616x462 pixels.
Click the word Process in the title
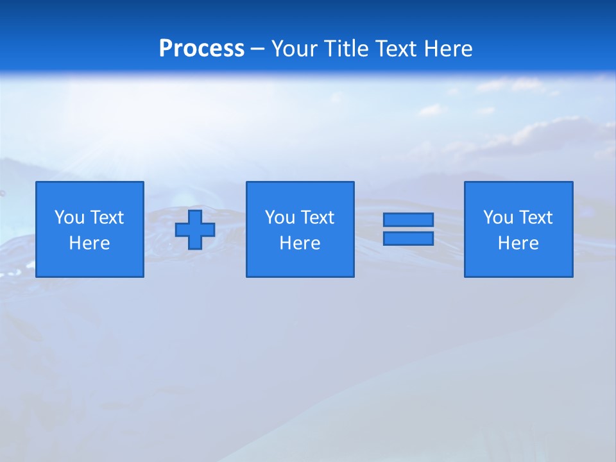coord(201,49)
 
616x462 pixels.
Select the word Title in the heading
coord(345,49)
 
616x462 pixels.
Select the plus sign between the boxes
coord(195,230)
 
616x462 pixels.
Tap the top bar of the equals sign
coord(408,220)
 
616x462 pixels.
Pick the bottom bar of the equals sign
coord(408,238)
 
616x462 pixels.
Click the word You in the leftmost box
coord(70,218)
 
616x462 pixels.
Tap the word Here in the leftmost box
coord(90,243)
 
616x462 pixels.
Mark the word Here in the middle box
coord(300,243)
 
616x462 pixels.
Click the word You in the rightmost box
coord(499,218)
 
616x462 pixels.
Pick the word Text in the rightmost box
coord(535,218)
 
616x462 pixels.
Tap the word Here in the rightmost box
coord(518,243)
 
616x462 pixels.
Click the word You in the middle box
coord(280,218)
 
